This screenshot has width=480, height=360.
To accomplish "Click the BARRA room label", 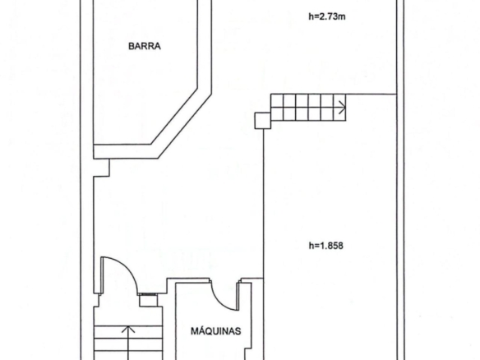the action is [x=144, y=46].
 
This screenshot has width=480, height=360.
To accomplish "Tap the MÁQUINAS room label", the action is [x=216, y=330].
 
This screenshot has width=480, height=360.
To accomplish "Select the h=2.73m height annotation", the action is [x=327, y=16].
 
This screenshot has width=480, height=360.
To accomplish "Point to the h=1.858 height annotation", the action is [x=326, y=246].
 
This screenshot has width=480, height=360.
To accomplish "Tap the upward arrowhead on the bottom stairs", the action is [x=128, y=330].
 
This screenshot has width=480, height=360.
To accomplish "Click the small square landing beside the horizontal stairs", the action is [x=263, y=120].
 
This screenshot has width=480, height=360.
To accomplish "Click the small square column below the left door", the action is [x=149, y=301].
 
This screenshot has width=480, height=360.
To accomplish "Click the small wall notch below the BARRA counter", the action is [x=101, y=168].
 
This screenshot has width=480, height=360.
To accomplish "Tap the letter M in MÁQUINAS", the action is [x=194, y=331].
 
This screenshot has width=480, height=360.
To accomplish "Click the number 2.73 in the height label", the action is [x=328, y=16].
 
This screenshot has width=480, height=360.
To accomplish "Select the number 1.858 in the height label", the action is [x=331, y=246].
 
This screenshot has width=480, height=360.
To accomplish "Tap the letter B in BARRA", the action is [x=131, y=46].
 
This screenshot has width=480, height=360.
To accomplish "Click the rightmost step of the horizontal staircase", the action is [x=339, y=108].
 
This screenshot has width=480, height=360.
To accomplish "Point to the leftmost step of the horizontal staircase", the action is [x=277, y=108].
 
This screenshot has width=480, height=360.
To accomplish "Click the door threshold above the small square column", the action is [x=148, y=294].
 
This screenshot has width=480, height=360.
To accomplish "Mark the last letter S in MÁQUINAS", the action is [x=238, y=331].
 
